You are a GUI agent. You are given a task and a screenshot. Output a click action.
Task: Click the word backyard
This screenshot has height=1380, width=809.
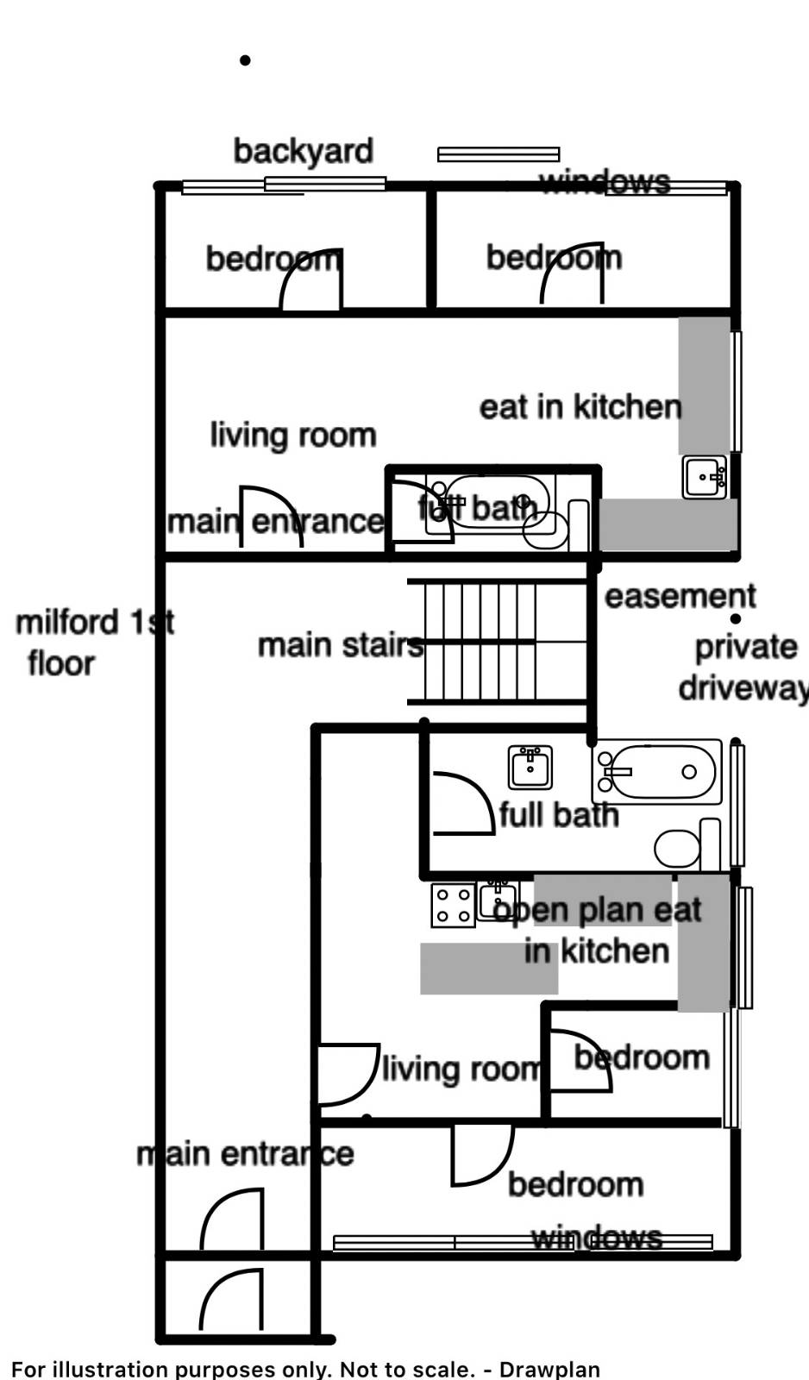click(303, 151)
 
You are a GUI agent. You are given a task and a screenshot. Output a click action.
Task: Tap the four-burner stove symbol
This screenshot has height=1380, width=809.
click(453, 906)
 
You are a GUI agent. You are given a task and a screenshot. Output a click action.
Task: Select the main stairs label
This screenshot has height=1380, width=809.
click(340, 645)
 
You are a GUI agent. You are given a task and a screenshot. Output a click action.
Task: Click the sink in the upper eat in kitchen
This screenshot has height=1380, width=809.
click(705, 477)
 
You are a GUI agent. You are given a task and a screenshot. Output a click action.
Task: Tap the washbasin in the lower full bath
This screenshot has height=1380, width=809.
click(530, 767)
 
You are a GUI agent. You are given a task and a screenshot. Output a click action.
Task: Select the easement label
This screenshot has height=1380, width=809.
click(680, 596)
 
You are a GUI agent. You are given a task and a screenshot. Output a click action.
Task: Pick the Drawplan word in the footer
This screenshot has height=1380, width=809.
click(549, 1369)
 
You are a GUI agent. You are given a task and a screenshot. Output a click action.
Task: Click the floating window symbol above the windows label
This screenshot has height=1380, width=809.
click(499, 154)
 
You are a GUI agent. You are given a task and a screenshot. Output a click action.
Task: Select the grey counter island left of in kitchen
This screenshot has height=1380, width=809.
click(488, 968)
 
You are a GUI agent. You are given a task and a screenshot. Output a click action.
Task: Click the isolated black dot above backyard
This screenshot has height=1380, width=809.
click(245, 60)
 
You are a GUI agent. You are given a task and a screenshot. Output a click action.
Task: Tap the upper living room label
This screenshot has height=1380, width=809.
click(292, 435)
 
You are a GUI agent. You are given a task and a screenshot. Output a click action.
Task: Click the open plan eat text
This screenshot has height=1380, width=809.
click(599, 910)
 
